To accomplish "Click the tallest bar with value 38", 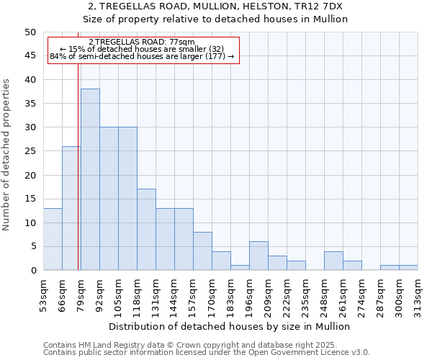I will coord(90,179).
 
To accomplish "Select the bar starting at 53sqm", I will coord(53,239).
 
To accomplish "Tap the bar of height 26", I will coord(71,208).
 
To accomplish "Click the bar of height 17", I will coord(146,230).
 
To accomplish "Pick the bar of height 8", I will coord(202,251).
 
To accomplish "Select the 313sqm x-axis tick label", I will coord(418,296).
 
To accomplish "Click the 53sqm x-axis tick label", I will coord(44,296).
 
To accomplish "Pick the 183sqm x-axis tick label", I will coord(231,296).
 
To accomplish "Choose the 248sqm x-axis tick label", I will coord(325,296).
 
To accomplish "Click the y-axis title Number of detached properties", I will coord(7,155).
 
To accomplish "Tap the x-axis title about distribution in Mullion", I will coord(230,326).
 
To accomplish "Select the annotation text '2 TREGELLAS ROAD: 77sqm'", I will coord(142,42).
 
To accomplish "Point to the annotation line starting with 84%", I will coord(142,56).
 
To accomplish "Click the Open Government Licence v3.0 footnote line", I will coord(207,353).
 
